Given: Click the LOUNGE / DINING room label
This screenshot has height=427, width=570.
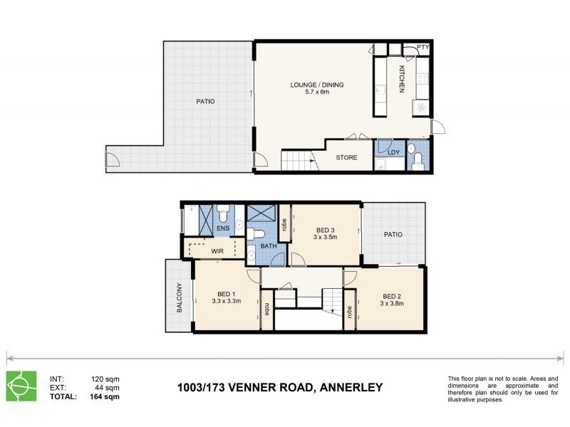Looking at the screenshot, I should [x=316, y=85].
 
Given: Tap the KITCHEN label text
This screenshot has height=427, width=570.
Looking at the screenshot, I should [x=402, y=79].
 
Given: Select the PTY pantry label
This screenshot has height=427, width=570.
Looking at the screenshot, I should [x=423, y=48].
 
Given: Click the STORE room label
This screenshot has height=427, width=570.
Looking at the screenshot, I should [x=346, y=157].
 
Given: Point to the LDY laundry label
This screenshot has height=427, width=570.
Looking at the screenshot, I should [x=393, y=152].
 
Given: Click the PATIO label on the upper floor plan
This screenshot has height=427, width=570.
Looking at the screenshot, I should [x=205, y=102].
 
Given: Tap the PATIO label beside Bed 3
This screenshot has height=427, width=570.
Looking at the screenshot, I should [x=393, y=234].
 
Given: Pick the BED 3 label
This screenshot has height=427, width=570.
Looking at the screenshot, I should [x=325, y=230].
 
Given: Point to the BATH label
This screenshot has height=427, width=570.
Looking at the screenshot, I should [x=268, y=246].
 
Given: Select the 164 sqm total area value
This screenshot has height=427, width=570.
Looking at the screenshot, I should [x=105, y=396].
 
